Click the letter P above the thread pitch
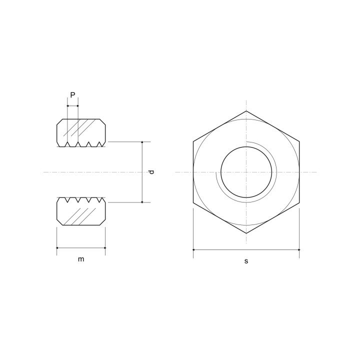point(72,95)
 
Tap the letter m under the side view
point(81,259)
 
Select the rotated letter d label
point(151,172)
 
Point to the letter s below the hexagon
point(246,261)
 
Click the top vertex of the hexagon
point(246,111)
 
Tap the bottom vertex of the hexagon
point(246,233)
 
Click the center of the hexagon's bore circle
point(246,172)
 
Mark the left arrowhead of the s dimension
point(194,249)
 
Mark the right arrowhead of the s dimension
point(298,249)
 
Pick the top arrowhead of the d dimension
point(142,143)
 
